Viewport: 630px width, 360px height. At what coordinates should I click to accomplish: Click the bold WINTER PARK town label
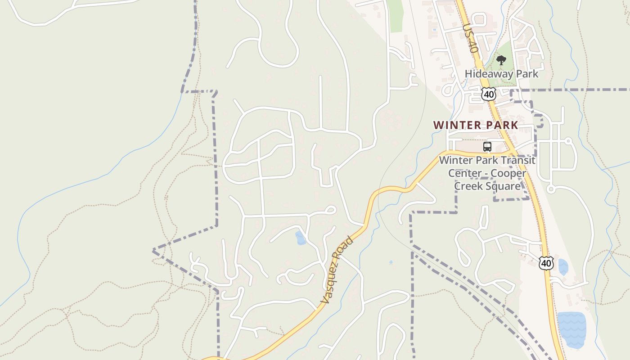[476, 125]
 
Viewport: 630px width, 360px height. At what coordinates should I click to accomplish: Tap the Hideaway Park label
[501, 74]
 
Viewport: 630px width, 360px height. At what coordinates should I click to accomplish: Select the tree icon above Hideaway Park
[501, 60]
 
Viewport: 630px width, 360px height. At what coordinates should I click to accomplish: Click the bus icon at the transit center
[487, 147]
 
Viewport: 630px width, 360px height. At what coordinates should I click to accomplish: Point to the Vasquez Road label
[337, 270]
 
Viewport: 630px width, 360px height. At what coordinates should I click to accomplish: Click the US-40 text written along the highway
[469, 39]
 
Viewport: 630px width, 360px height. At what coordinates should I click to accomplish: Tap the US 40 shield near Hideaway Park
[488, 94]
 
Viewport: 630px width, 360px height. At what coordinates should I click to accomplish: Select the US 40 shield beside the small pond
[546, 263]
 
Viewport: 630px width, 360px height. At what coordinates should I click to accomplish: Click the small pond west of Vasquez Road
[300, 238]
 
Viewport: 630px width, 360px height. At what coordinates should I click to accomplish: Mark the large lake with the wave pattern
[571, 330]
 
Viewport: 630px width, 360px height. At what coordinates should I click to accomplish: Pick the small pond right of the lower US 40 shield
[562, 267]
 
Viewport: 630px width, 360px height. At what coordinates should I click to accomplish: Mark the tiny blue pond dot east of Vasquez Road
[391, 262]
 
